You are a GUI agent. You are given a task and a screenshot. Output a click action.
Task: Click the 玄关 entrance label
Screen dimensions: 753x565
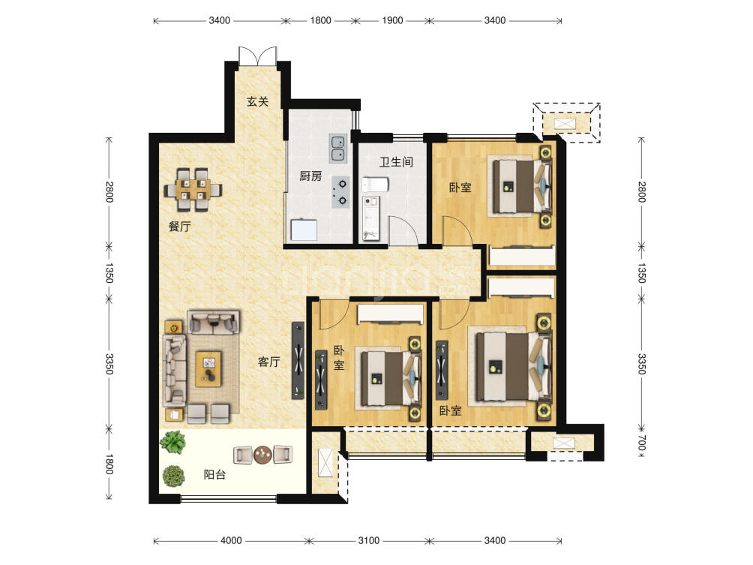tap(257, 101)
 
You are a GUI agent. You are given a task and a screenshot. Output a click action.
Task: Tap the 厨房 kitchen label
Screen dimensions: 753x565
tap(310, 176)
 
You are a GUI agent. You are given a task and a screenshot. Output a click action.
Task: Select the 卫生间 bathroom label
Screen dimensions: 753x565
tap(396, 162)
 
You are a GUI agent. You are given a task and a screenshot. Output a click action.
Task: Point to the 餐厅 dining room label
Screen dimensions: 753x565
tap(179, 227)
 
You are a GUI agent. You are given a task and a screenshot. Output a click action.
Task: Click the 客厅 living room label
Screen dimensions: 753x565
tap(269, 362)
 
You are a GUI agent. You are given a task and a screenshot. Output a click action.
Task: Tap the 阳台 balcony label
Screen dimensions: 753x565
tap(214, 475)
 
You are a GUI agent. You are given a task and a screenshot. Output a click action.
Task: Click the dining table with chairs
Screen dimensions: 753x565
tap(193, 190)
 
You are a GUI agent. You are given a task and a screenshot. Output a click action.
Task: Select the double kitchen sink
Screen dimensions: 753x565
tap(338, 148)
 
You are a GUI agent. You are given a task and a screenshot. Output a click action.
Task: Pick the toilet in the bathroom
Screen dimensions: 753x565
tap(375, 185)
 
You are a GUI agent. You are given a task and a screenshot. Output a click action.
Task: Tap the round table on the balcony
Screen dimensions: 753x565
tap(262, 455)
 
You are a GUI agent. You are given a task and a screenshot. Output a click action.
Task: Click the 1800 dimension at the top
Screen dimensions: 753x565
tap(320, 20)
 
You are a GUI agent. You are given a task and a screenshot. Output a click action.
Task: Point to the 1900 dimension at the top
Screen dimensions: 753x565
tap(392, 20)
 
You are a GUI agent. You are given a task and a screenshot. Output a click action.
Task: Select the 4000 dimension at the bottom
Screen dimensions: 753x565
tap(231, 540)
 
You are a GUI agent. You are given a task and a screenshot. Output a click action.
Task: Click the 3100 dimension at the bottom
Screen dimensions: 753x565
tap(369, 540)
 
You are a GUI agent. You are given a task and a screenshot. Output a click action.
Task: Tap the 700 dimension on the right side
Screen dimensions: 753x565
tap(642, 443)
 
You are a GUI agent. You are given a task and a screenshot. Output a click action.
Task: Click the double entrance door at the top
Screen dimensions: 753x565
tap(258, 56)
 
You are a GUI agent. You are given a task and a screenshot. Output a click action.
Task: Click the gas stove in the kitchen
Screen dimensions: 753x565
tap(340, 192)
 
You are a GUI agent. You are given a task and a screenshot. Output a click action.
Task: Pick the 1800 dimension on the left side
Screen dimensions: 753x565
tap(109, 464)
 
